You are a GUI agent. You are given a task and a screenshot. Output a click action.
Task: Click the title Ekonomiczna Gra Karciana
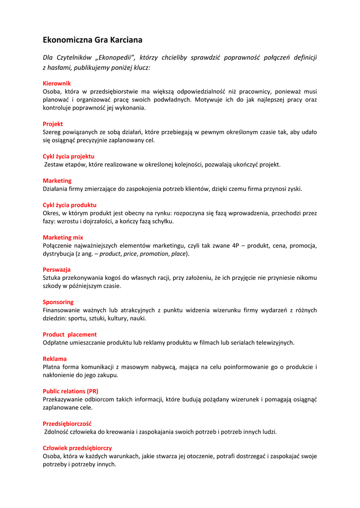click(92, 39)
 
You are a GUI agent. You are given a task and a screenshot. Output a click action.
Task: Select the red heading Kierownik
click(57, 83)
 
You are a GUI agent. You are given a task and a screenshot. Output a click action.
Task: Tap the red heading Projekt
click(53, 124)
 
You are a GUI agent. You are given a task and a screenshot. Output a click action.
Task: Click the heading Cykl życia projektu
click(69, 156)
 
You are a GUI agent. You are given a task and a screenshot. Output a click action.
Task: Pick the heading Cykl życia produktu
click(70, 205)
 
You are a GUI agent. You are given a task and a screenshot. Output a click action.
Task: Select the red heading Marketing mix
click(63, 237)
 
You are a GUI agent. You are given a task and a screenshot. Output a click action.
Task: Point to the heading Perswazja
click(57, 269)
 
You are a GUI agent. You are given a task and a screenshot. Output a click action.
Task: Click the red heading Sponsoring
click(58, 302)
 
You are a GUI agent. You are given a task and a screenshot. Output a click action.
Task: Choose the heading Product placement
click(70, 334)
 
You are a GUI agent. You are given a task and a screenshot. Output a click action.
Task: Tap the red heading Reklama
click(55, 359)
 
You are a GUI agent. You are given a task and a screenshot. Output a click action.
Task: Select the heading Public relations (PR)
click(71, 391)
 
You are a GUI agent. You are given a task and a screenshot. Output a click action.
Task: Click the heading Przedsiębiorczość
click(67, 423)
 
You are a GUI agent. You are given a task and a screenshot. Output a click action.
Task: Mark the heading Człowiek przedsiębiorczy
click(77, 447)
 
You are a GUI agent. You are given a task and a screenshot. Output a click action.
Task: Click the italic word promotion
click(154, 254)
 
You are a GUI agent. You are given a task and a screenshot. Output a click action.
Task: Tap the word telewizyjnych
click(275, 342)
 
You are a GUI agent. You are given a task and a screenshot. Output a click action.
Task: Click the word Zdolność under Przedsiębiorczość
click(57, 432)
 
